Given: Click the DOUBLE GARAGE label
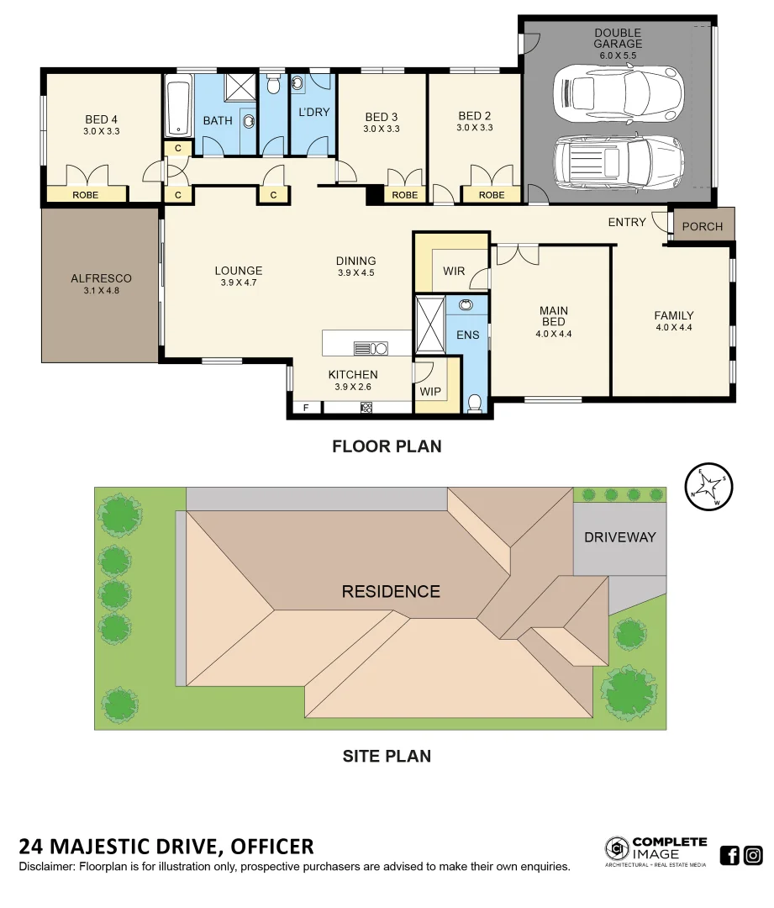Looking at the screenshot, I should pos(618,39).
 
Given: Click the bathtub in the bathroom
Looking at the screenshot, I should pos(177,105).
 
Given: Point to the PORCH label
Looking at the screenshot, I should pos(702,227).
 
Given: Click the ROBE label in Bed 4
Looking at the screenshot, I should pos(85,195).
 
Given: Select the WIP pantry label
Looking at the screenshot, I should pos(429,391).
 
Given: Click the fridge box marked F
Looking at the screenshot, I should pos(305,408).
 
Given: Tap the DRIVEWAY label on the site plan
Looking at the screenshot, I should pos(619,537).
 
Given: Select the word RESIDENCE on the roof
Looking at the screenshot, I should pos(391,592).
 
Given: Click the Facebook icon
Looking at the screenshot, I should pos(729,856).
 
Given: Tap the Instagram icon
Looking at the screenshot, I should pos(753,856).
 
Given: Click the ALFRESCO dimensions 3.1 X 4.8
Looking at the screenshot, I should pos(101,291).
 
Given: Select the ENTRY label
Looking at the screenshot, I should pos(627,223).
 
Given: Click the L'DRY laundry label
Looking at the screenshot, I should pos(314,112).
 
